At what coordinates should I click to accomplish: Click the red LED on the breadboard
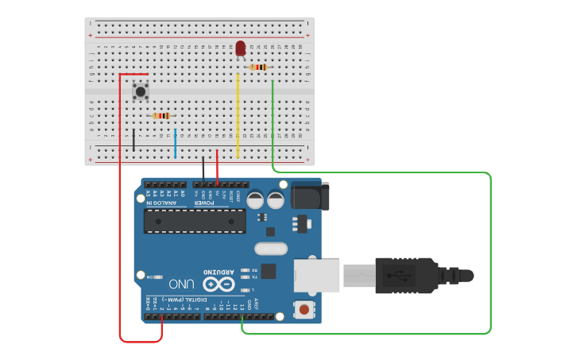[240, 48]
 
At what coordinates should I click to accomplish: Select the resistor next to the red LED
[258, 68]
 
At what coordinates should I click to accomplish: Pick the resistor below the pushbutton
[161, 116]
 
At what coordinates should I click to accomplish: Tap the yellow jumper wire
[238, 115]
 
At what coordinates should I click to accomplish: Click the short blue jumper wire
[176, 143]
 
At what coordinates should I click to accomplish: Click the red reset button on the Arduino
[303, 308]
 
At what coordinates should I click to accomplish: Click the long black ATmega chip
[195, 221]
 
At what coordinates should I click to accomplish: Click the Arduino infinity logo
[218, 284]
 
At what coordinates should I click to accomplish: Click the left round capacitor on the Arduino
[256, 199]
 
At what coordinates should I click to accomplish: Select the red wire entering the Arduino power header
[217, 169]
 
